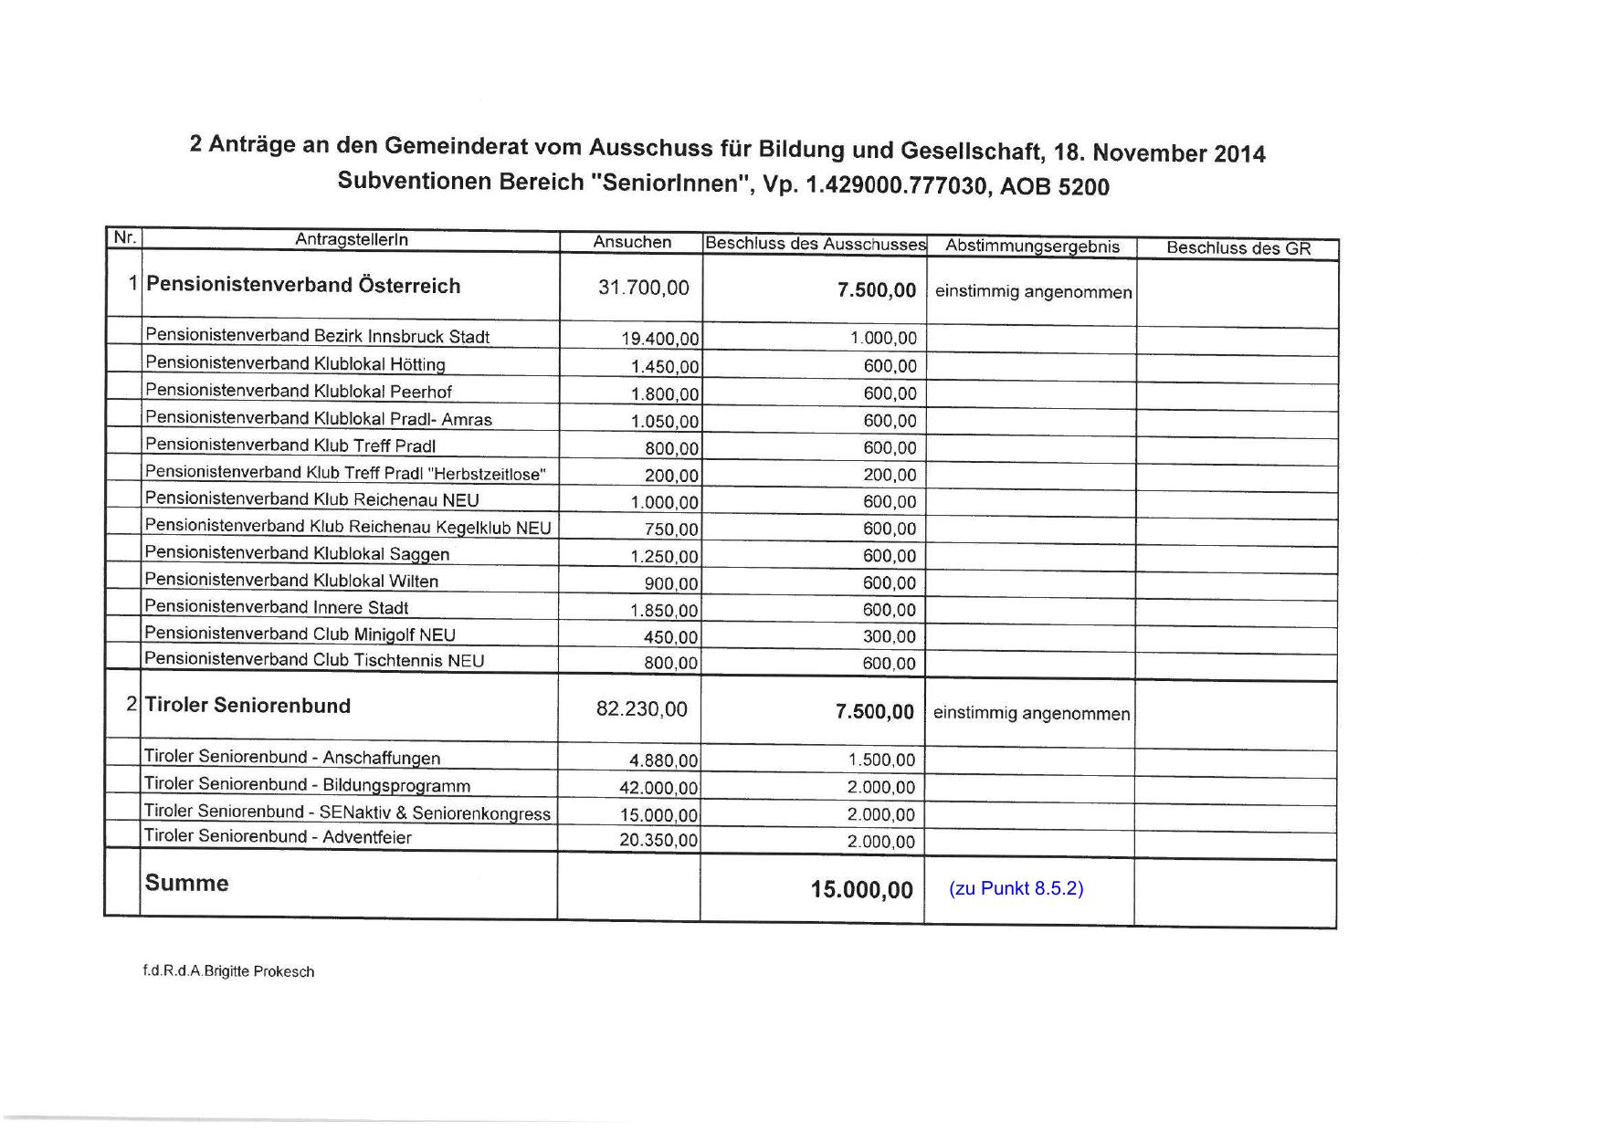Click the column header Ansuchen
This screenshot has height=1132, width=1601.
(x=632, y=242)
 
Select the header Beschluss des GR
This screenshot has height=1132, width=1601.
(x=1238, y=248)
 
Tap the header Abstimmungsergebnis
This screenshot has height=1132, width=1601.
(x=1032, y=246)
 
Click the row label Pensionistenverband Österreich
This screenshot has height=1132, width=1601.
(x=303, y=286)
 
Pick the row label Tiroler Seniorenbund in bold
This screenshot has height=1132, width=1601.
(x=248, y=706)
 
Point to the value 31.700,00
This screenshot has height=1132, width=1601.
(x=643, y=288)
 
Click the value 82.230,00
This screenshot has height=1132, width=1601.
(x=641, y=709)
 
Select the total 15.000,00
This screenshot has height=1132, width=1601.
(x=861, y=890)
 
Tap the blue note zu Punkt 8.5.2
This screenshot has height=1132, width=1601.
(x=1016, y=888)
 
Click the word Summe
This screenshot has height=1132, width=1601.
(x=186, y=883)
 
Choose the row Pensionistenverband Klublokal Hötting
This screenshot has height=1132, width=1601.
(x=295, y=364)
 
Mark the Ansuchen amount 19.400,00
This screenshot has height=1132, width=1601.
(x=659, y=340)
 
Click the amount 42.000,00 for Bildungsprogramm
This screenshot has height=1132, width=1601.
(x=658, y=788)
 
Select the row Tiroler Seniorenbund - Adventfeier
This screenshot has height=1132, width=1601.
(x=278, y=837)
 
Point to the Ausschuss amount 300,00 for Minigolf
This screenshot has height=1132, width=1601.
(x=889, y=637)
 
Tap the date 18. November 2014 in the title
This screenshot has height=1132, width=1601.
(x=1159, y=152)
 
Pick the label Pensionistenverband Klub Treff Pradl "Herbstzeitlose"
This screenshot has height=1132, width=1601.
(x=345, y=473)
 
